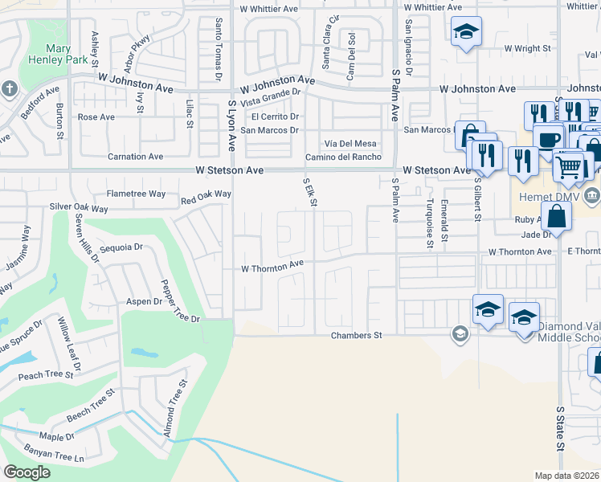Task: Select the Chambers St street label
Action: (x=356, y=336)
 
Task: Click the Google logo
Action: (x=27, y=472)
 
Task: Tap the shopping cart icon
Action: (x=569, y=166)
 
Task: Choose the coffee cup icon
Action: (x=548, y=138)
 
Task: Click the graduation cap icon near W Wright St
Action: (x=466, y=31)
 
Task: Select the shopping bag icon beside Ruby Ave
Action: (x=556, y=214)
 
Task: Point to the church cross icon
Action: (x=8, y=88)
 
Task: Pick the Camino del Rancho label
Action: (x=343, y=157)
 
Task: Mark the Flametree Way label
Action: (x=137, y=194)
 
